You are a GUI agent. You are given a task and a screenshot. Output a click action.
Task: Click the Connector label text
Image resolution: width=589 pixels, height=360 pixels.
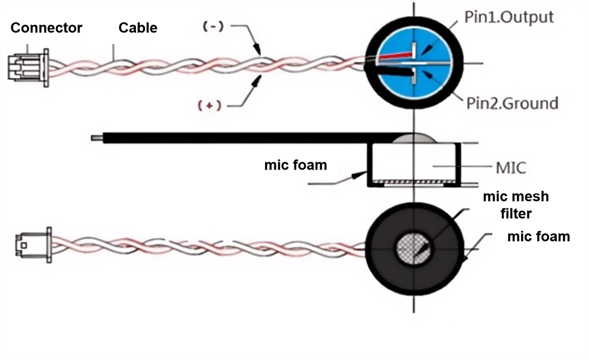[x=47, y=28]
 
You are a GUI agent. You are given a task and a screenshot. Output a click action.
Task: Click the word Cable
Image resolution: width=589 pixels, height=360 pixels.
[x=138, y=28]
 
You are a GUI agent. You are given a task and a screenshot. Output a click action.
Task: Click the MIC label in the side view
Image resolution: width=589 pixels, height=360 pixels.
[x=511, y=168]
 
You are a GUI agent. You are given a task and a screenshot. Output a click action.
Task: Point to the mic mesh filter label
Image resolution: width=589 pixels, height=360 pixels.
[x=515, y=204]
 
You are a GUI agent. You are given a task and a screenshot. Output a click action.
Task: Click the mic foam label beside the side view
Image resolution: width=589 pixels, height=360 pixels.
[x=296, y=165]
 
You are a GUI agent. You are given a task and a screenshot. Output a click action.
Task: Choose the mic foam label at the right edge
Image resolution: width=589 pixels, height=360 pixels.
[x=539, y=236]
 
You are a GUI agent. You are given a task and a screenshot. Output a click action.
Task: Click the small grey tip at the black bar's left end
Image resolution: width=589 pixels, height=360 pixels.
[x=96, y=138]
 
